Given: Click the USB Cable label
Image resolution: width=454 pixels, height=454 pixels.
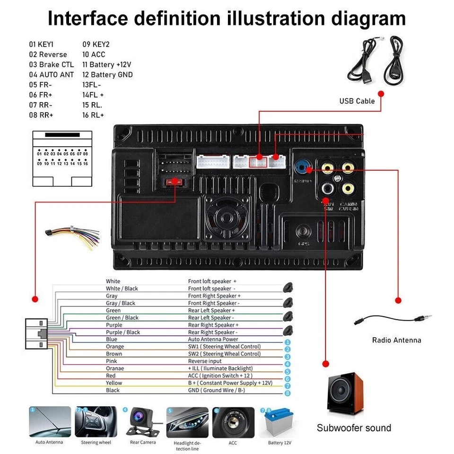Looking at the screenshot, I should click(x=357, y=101).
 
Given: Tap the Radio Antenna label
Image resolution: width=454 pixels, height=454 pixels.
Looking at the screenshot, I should click(x=396, y=340).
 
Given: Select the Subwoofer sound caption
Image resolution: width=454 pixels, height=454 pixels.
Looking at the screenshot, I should click(x=354, y=428).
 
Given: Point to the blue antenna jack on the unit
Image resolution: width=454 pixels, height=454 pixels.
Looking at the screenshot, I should click(x=302, y=168).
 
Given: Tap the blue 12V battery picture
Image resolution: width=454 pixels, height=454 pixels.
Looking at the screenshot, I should click(x=279, y=422).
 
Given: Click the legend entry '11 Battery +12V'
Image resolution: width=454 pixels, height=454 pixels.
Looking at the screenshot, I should click(x=106, y=65).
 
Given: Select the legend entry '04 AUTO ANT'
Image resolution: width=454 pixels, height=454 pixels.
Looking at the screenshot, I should click(x=51, y=75).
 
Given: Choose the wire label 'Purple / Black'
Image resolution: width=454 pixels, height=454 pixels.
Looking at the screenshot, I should click(x=123, y=332).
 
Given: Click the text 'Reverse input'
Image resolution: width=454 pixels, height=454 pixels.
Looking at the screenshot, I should click(x=205, y=361).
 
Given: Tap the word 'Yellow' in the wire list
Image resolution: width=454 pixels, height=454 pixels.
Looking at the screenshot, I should click(x=114, y=383).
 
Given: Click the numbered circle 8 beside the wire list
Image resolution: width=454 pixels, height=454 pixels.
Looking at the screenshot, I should click(x=288, y=393).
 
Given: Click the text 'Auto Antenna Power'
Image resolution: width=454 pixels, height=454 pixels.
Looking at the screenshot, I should click(x=213, y=340).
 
